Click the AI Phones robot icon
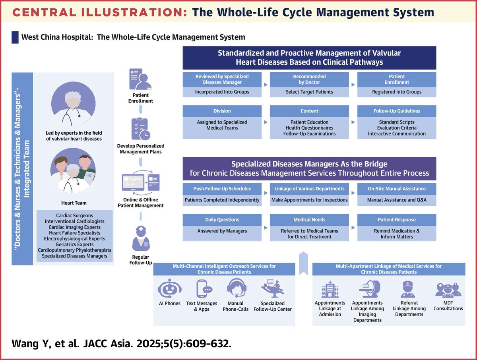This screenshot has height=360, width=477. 169,288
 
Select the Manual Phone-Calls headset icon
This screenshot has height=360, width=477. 237,288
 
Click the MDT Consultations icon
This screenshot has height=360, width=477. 448,290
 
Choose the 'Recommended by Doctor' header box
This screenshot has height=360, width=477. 309,79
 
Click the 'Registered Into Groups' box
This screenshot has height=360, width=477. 397,92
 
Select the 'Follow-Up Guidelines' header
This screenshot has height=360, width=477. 397,111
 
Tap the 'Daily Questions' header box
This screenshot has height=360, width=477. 222,220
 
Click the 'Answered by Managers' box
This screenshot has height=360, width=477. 222,231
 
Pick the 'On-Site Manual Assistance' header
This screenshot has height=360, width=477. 397,189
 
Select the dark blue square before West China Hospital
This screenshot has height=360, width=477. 15,37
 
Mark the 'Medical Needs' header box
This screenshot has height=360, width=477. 309,220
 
